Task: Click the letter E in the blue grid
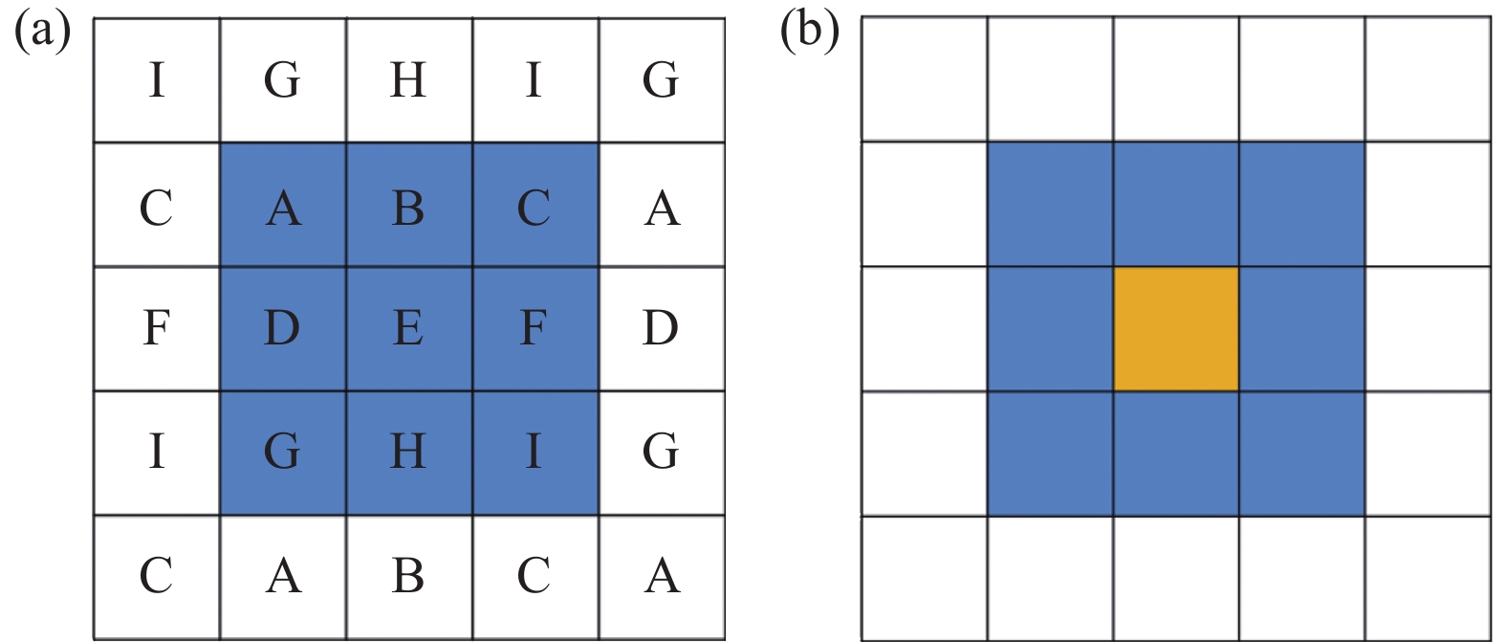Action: pyautogui.click(x=408, y=328)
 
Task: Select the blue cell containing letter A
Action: pyautogui.click(x=283, y=205)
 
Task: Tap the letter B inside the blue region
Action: pyautogui.click(x=408, y=208)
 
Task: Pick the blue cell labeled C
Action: pyautogui.click(x=535, y=205)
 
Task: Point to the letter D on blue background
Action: pyautogui.click(x=282, y=328)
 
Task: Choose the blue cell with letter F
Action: pyautogui.click(x=535, y=328)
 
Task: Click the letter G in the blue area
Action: pyautogui.click(x=282, y=451)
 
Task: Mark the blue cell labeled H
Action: pyautogui.click(x=409, y=453)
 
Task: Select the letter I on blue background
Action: pyautogui.click(x=534, y=451)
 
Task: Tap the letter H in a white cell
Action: pyautogui.click(x=408, y=79)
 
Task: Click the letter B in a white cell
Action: pyautogui.click(x=408, y=576)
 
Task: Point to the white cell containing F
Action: pyautogui.click(x=157, y=328)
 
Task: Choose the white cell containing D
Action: pyautogui.click(x=662, y=328)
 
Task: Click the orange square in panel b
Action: pyautogui.click(x=1176, y=328)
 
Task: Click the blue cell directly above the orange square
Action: pyautogui.click(x=1176, y=205)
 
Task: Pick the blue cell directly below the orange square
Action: pyautogui.click(x=1176, y=454)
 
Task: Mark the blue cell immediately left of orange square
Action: pyautogui.click(x=1050, y=328)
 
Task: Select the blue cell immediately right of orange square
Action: pyautogui.click(x=1302, y=328)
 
